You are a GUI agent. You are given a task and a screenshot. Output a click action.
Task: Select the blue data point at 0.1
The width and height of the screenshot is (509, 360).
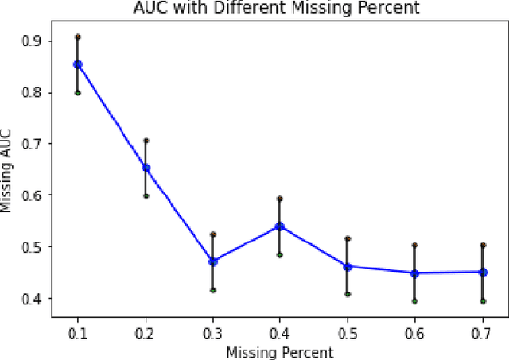(78, 64)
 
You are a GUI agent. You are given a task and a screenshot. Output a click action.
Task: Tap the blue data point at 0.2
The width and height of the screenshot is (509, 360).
(146, 168)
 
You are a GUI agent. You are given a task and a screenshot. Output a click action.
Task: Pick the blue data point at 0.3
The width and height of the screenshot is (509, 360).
(213, 261)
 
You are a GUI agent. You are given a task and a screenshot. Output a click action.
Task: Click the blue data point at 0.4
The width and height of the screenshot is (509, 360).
(280, 226)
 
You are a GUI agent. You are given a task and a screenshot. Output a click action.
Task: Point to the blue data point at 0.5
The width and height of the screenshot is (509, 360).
(348, 266)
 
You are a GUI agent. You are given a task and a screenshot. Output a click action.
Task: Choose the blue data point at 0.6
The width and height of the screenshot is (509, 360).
(414, 273)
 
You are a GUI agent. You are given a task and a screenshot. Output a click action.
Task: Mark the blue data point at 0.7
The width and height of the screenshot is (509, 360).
(482, 272)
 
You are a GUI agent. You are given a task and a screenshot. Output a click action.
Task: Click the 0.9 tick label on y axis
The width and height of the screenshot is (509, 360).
(36, 41)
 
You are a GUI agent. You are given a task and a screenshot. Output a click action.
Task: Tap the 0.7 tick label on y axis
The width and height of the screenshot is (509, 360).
(36, 144)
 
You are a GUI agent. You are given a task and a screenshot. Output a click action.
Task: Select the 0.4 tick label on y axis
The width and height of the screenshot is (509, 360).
(36, 298)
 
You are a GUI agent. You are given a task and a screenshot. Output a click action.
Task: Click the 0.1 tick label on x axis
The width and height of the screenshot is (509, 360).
(78, 334)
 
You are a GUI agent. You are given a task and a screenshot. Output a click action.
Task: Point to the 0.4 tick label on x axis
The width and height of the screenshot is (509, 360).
(280, 334)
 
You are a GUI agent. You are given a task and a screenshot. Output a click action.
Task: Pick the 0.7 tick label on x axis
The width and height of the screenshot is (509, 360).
(482, 334)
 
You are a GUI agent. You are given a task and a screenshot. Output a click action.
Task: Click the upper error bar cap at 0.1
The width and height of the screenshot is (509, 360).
(78, 37)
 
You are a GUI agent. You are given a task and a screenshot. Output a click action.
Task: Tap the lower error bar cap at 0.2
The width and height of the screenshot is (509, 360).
(146, 195)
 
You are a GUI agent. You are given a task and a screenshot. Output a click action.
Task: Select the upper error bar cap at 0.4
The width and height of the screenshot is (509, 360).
(280, 198)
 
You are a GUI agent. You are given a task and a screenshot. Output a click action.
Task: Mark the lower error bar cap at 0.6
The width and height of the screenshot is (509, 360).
(414, 301)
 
